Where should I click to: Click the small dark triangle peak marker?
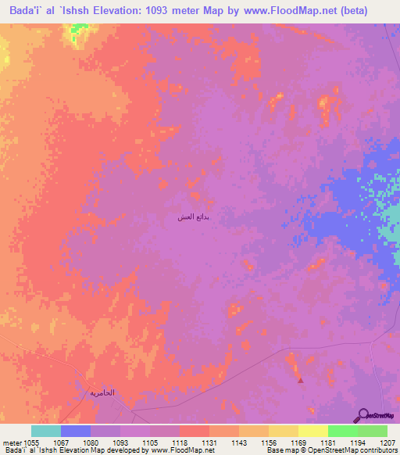click(301, 381)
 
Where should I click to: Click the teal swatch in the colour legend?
click(45, 431)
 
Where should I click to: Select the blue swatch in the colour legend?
click(75, 431)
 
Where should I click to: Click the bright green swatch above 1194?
click(342, 431)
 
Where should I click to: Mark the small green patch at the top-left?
click(78, 30)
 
